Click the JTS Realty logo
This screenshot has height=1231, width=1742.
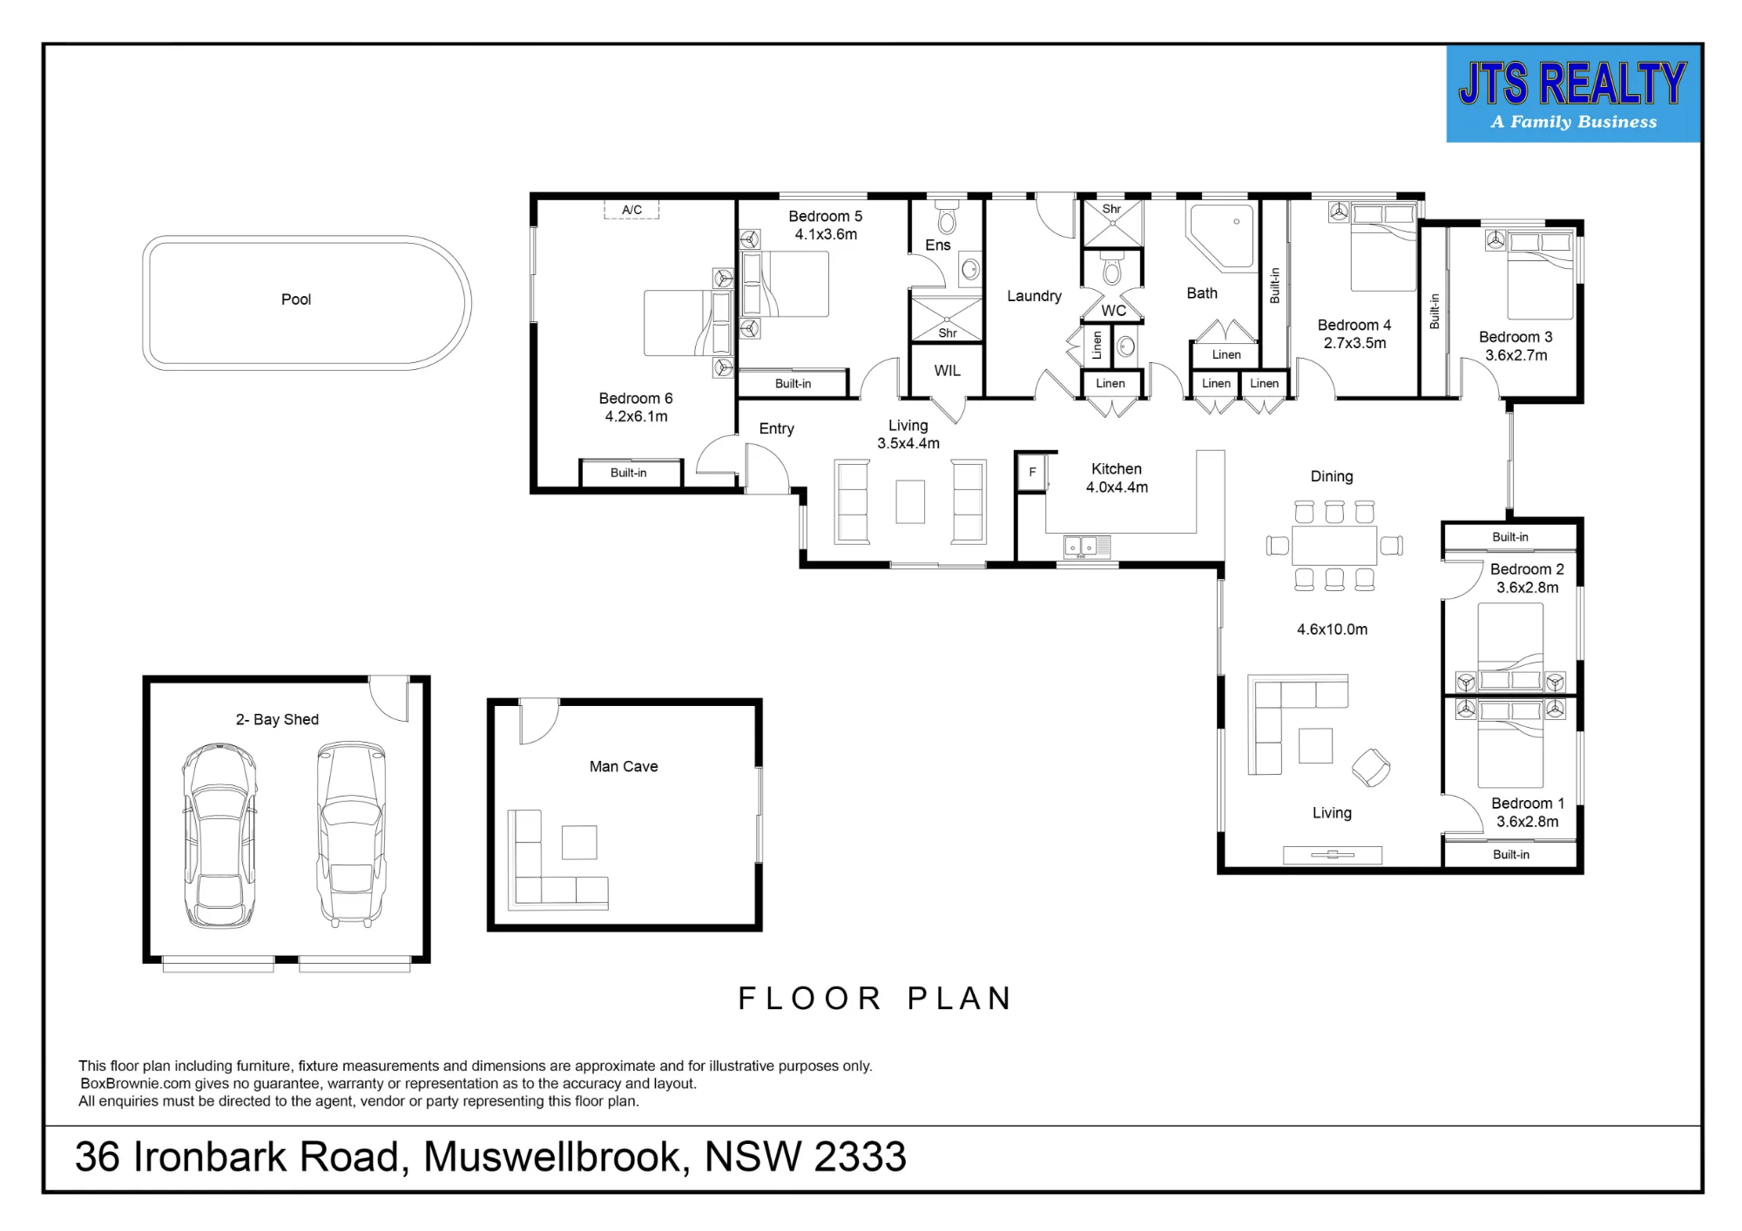[x=1573, y=94]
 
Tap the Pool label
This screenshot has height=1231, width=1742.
[x=296, y=299]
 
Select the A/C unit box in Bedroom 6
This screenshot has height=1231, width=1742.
[x=631, y=210]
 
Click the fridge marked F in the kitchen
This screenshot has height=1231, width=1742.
[x=1032, y=473]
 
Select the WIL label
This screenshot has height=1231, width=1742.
[x=948, y=371]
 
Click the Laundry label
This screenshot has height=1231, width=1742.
[x=1034, y=296]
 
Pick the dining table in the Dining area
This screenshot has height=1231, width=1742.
[x=1334, y=546]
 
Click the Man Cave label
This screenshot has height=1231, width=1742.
[x=624, y=766]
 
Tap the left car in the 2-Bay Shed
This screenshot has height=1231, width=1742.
[x=219, y=835]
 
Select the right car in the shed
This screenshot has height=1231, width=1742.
[x=352, y=833]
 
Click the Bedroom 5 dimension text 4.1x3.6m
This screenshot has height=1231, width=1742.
[x=826, y=234]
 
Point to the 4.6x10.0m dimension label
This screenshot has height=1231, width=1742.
[x=1332, y=629]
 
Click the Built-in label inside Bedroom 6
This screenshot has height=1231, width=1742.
[x=628, y=473]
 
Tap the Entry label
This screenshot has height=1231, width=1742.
[x=776, y=428]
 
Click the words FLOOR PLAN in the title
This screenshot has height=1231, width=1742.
[x=874, y=999]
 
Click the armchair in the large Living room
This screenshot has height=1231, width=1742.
[x=1371, y=768]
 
